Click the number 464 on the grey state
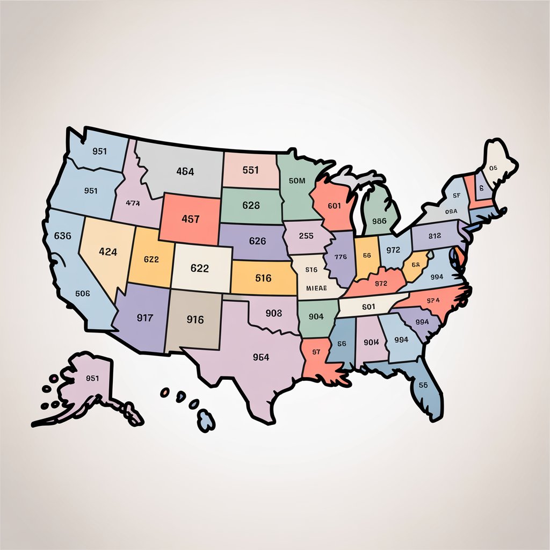pos(185,172)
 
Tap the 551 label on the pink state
pos(250,170)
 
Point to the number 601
pos(334,205)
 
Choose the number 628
pos(251,205)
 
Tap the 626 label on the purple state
pos(257,241)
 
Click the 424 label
pos(108,251)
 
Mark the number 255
pos(306,235)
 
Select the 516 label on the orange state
pos(263,278)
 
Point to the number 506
pos(82,294)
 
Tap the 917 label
pos(145,317)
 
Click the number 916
pos(195,320)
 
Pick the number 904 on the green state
pos(316,317)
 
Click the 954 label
pos(260,357)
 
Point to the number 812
pos(435,235)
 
